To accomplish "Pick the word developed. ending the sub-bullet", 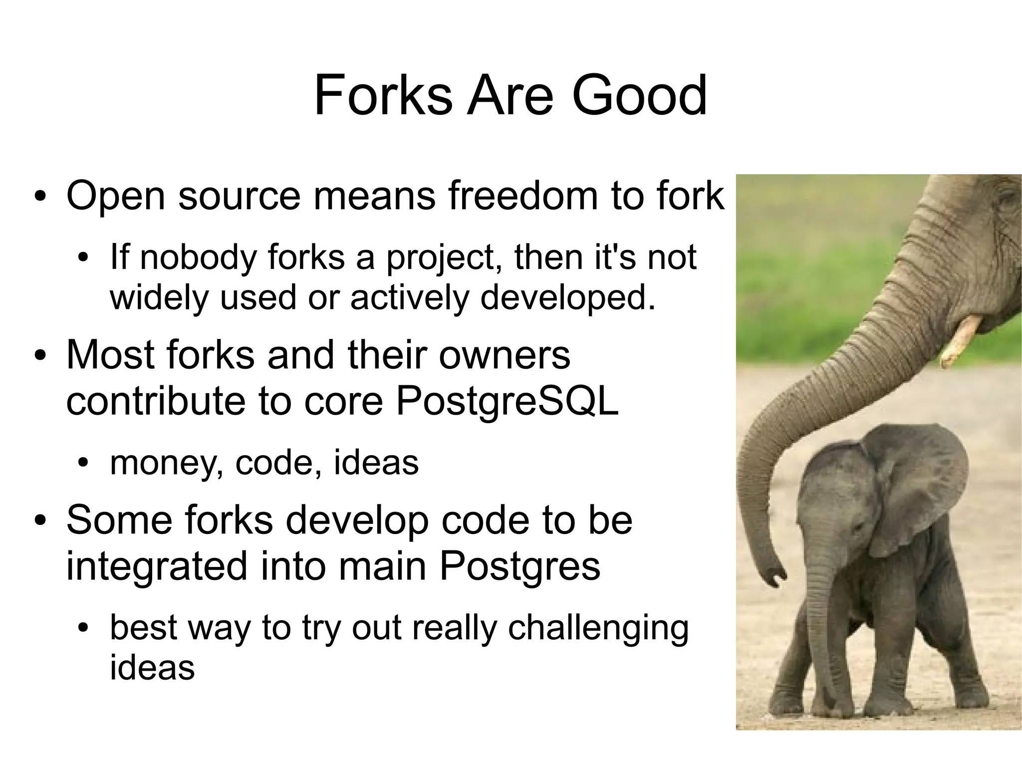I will [x=567, y=298].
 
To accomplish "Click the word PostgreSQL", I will [x=507, y=401].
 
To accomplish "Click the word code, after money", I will [x=278, y=463].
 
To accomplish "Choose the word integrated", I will [x=157, y=566].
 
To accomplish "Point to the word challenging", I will [x=598, y=628].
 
